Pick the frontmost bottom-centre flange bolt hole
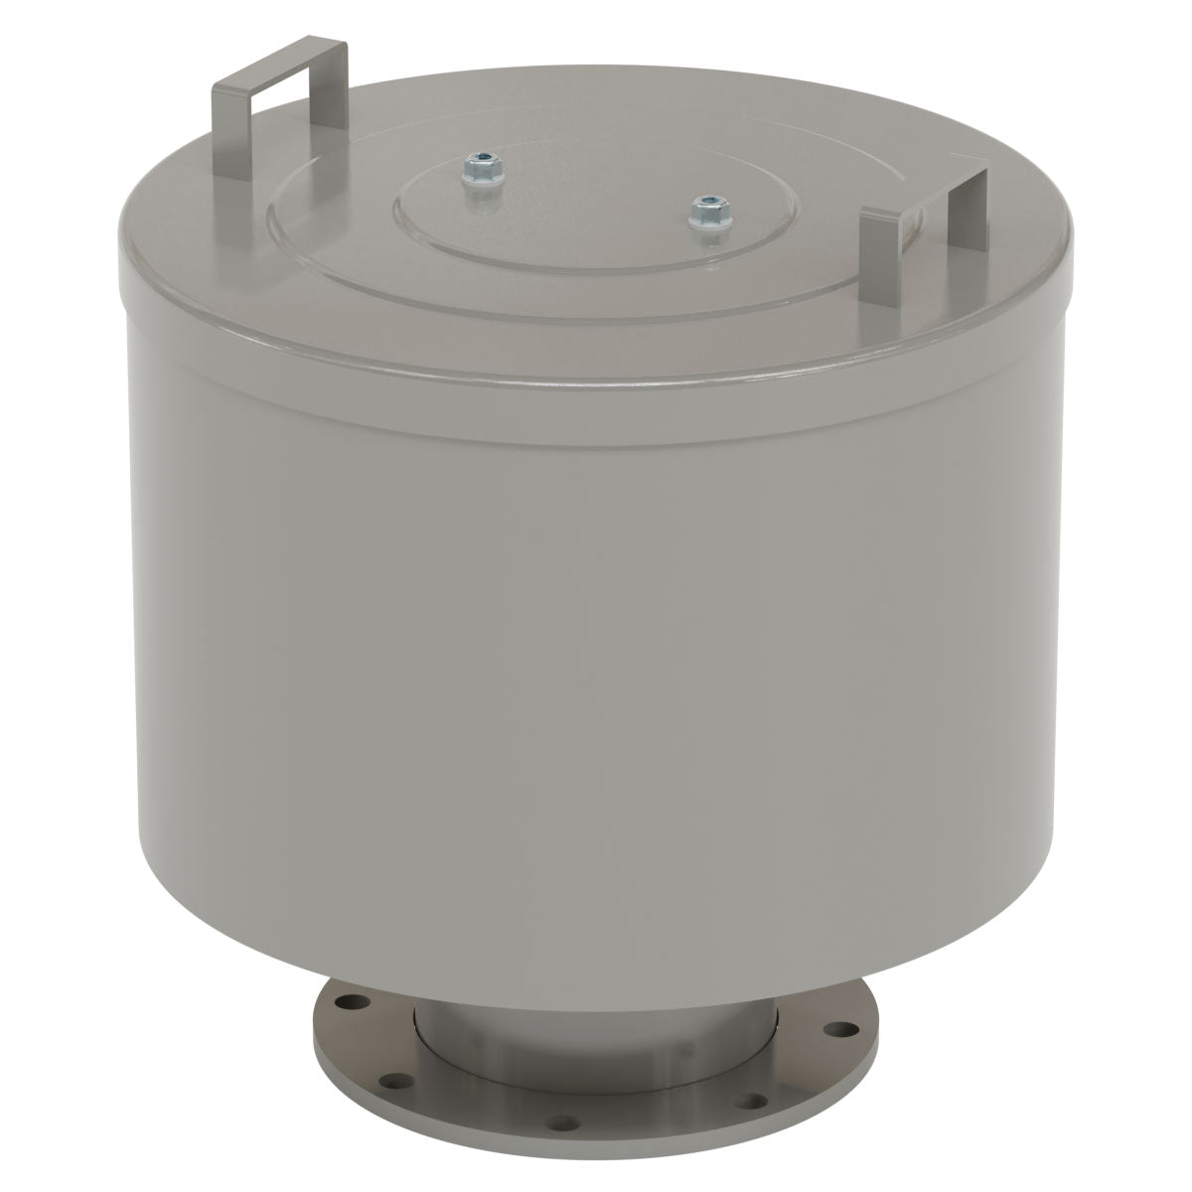[x=565, y=1124]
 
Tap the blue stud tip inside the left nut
[x=483, y=156]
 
